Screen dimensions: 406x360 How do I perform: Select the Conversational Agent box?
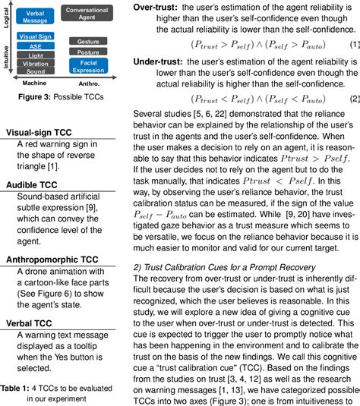point(87,12)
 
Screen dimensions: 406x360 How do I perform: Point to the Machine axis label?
point(35,82)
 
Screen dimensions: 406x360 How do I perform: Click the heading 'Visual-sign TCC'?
point(39,133)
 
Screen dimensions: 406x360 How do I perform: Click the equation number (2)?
point(355,121)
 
